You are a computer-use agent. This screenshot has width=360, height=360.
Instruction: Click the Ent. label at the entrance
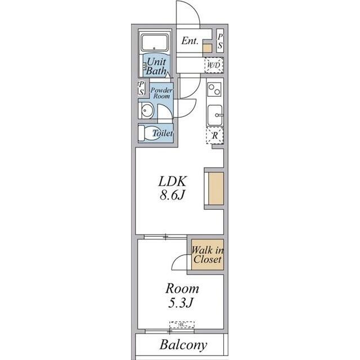point(190,40)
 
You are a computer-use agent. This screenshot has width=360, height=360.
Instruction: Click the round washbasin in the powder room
point(146,110)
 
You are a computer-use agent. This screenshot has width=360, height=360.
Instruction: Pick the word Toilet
point(163,134)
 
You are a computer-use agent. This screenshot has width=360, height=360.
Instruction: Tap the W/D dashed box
point(214,65)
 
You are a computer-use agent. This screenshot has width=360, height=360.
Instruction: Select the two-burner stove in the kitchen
point(215,89)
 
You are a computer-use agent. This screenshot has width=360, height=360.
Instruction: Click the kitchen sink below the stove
point(215,115)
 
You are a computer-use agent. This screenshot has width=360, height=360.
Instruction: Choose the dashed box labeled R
point(215,136)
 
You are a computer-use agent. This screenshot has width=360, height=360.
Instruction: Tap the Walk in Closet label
point(206,255)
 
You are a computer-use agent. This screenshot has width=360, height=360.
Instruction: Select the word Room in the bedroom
point(182,289)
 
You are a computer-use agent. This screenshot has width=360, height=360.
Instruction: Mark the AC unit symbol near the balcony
point(182,325)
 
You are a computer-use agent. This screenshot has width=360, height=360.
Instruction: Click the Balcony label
point(183,345)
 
